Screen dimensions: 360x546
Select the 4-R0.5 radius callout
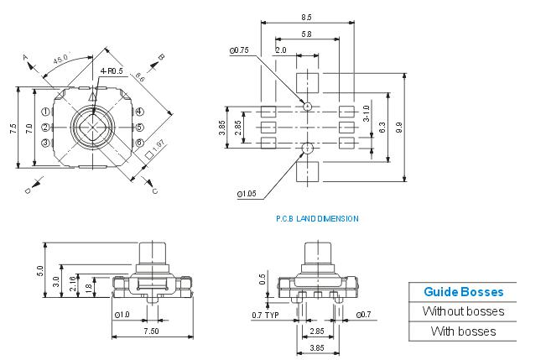112,72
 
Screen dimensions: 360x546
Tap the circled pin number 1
44,112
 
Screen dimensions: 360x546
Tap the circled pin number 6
140,127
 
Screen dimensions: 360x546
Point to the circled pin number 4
140,112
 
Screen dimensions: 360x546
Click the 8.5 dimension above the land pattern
306,18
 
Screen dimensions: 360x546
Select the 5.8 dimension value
306,34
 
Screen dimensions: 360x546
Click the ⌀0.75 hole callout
239,50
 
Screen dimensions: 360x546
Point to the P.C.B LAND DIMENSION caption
317,218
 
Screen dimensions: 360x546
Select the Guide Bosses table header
463,292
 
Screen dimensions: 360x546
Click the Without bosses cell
463,311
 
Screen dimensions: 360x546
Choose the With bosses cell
463,331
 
